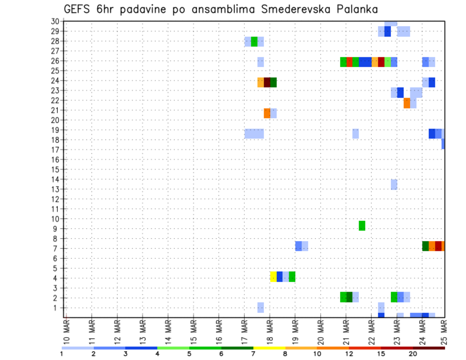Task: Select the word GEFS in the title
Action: point(79,9)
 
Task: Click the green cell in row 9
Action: point(362,226)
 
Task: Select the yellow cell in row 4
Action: point(273,277)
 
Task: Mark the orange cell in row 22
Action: point(407,103)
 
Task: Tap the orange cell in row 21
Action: point(267,113)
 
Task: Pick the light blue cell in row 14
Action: point(394,184)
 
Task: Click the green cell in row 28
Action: point(254,41)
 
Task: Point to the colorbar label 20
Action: point(413,354)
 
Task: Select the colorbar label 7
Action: point(253,354)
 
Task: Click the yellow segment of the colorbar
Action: point(269,348)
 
